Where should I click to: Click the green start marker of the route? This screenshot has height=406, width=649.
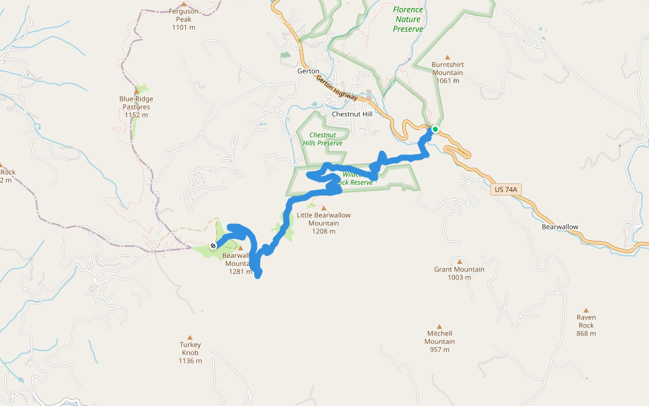435,129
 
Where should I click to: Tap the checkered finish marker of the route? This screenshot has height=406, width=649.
213,246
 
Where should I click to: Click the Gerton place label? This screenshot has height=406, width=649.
308,71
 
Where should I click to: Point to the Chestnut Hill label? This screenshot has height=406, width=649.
352,114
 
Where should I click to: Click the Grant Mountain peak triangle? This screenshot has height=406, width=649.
460,261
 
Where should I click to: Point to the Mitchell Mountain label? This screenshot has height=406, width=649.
439,337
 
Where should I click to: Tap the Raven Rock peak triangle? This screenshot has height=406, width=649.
586,309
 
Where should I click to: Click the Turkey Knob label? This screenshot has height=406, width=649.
190,348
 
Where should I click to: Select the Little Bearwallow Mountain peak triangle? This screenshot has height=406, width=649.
323,208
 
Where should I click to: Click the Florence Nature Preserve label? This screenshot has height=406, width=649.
408,19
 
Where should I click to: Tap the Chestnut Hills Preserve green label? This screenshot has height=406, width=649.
322,139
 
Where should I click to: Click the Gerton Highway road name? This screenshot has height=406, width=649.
336,88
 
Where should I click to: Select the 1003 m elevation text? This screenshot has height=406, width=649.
459,277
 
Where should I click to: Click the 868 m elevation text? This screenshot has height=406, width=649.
585,334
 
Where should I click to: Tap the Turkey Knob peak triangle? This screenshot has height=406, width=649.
190,337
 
